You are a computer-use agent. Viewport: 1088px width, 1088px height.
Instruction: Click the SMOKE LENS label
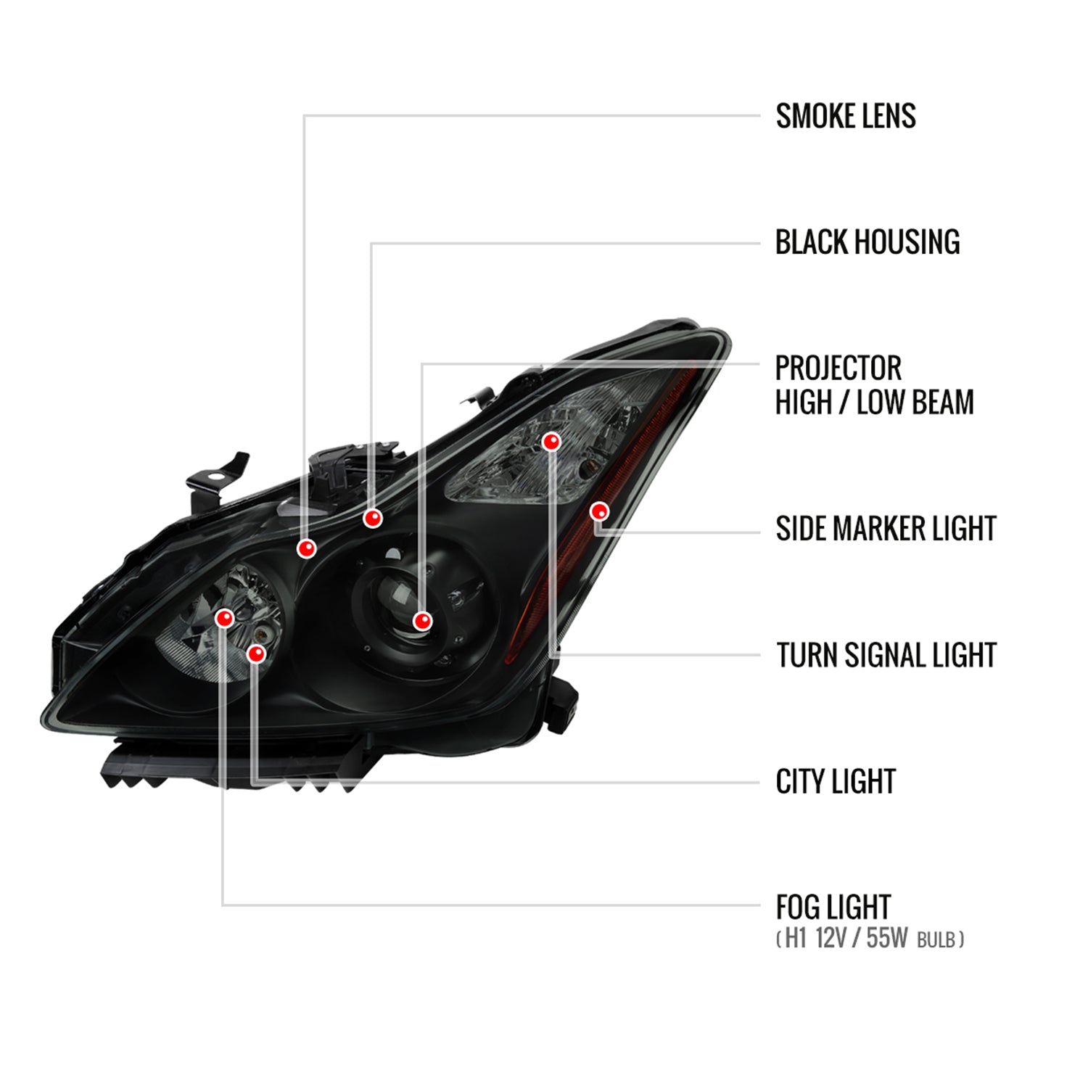tap(845, 116)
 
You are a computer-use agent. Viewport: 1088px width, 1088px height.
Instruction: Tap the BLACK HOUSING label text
tap(867, 242)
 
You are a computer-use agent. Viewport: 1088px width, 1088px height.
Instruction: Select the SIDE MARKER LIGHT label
tap(885, 529)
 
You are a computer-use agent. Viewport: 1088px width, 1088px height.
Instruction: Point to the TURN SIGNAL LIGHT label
tap(886, 656)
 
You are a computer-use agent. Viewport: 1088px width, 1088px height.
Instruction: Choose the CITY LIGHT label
tap(835, 782)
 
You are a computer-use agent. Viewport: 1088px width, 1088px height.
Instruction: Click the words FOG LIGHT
tap(833, 907)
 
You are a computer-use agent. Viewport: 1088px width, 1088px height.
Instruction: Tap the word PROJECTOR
tap(838, 368)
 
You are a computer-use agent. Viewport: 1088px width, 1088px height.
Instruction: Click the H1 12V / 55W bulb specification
tap(869, 939)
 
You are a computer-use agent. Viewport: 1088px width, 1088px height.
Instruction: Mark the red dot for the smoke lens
tap(307, 548)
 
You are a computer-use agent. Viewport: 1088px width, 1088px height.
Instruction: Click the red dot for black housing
tap(373, 518)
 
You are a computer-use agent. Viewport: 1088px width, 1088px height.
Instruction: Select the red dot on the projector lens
tap(422, 620)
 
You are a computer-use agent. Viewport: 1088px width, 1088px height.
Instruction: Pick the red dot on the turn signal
tap(552, 441)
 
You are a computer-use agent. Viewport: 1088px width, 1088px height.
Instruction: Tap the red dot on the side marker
tap(599, 511)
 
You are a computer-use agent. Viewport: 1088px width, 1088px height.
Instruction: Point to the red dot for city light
tap(256, 654)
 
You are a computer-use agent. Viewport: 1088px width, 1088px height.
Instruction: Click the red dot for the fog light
tap(225, 618)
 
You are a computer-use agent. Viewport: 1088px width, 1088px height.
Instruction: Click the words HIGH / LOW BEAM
tap(874, 403)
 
